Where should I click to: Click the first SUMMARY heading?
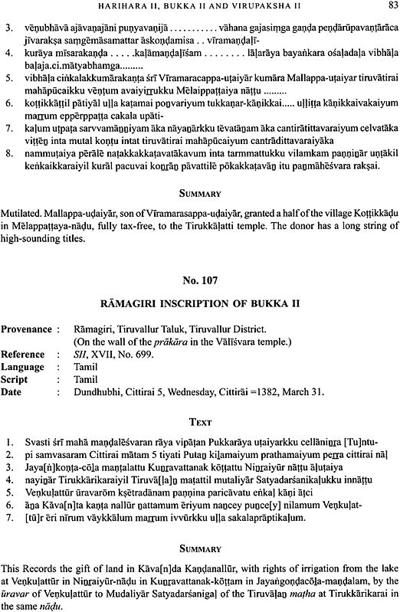click(x=199, y=194)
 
